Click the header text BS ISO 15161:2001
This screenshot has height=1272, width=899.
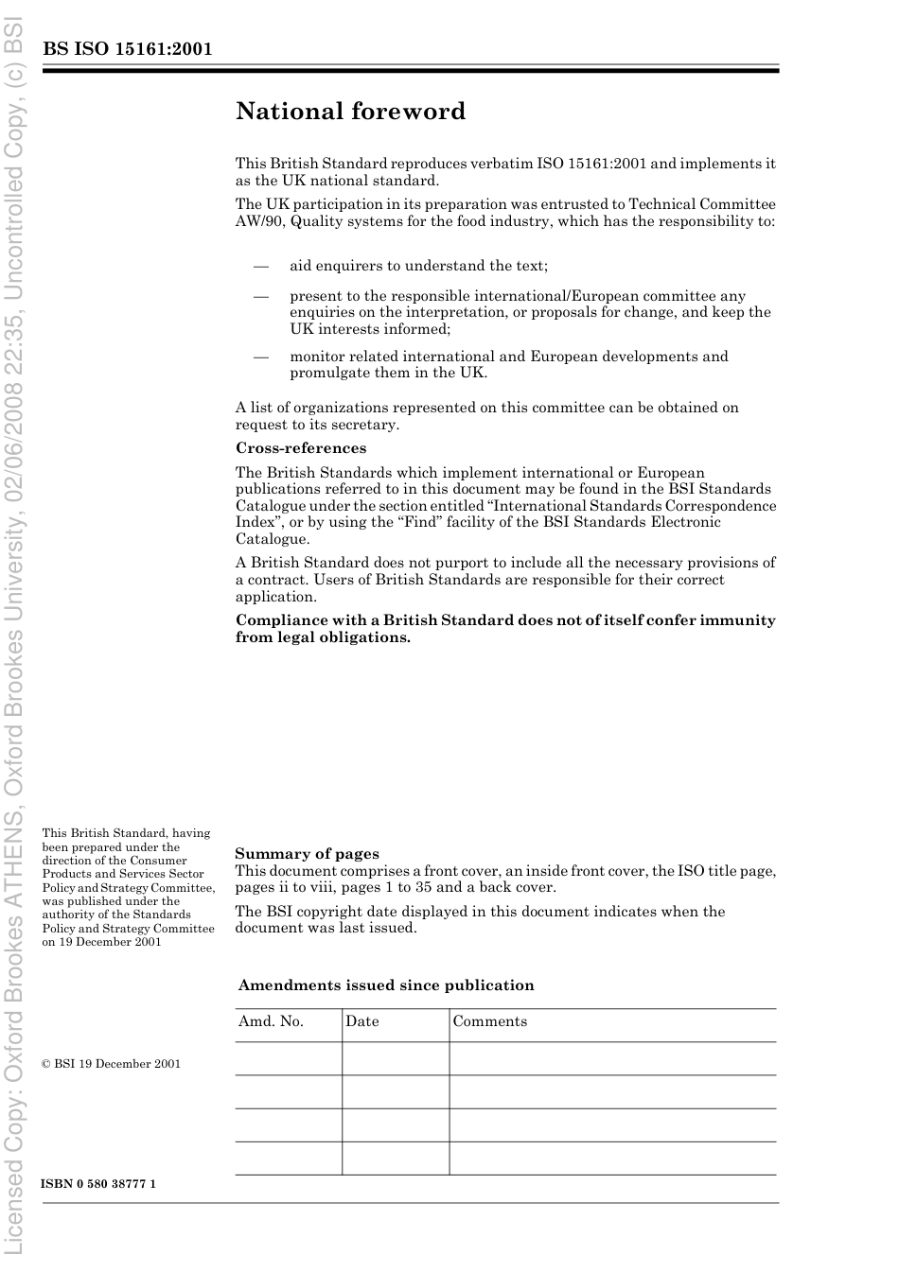(x=127, y=49)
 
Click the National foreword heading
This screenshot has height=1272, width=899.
(x=350, y=112)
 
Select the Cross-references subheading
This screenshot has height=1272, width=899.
(x=301, y=448)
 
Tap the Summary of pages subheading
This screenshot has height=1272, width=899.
(x=307, y=854)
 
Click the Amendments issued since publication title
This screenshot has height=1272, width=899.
(x=386, y=985)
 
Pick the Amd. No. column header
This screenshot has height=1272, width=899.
(x=271, y=1021)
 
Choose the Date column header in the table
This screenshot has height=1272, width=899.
(x=362, y=1021)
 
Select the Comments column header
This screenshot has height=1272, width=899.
(x=490, y=1021)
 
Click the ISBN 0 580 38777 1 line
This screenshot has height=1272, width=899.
(x=98, y=1184)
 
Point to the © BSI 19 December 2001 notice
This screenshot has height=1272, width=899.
(x=111, y=1064)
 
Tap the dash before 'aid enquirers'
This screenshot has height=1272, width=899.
(x=261, y=266)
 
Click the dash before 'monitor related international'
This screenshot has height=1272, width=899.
(x=261, y=357)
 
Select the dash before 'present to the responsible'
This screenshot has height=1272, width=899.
(x=261, y=296)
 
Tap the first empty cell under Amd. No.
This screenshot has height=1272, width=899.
(x=289, y=1059)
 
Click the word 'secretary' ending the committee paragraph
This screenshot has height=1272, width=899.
(x=365, y=425)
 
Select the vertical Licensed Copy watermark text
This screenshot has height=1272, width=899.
(x=13, y=636)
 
